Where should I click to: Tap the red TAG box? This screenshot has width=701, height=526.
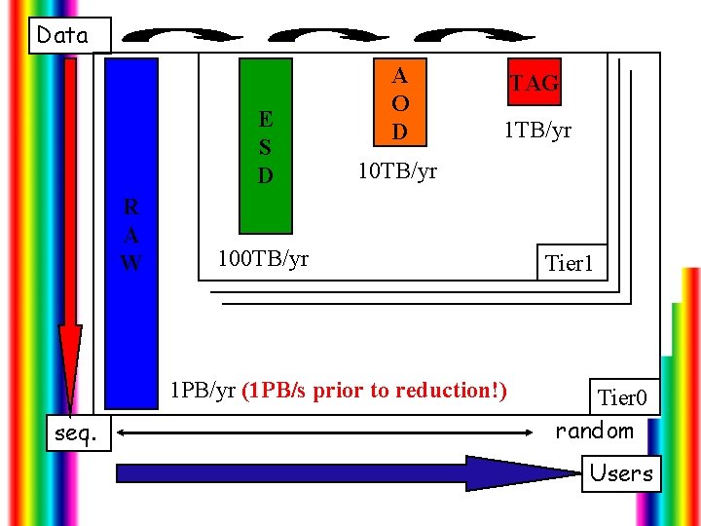click(535, 83)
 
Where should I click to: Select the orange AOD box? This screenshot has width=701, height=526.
click(399, 102)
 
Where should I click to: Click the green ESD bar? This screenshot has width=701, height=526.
click(266, 146)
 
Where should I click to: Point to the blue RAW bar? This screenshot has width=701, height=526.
click(131, 234)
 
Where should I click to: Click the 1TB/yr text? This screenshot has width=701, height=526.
click(537, 130)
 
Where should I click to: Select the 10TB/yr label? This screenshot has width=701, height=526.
click(398, 171)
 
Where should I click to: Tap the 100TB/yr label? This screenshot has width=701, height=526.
click(264, 258)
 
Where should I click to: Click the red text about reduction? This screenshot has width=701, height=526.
click(374, 391)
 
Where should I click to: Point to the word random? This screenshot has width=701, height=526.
click(594, 431)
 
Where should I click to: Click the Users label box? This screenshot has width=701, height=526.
click(621, 473)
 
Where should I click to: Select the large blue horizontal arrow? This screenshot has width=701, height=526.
click(341, 472)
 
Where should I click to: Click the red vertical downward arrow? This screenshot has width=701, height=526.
click(70, 234)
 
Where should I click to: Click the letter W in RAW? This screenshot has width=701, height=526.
click(131, 262)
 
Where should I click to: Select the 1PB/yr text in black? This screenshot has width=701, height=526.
click(203, 391)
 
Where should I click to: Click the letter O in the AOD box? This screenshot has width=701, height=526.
click(399, 102)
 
